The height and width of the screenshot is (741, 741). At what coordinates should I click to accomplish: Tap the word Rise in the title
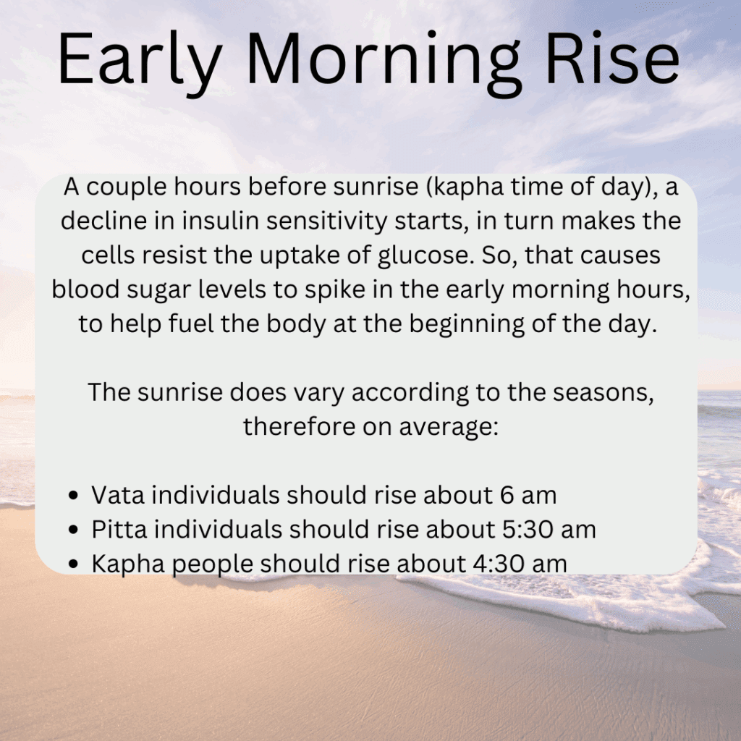click(613, 58)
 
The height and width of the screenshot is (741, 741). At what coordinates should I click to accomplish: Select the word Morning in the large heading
click(384, 62)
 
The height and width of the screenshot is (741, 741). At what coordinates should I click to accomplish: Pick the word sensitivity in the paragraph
click(326, 221)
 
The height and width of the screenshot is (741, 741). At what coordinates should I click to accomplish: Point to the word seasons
click(604, 393)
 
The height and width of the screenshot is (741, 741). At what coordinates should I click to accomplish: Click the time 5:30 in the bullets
click(528, 529)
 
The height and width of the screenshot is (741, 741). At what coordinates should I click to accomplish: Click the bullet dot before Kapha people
click(73, 564)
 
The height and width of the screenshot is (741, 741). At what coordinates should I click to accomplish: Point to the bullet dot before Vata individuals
click(73, 495)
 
